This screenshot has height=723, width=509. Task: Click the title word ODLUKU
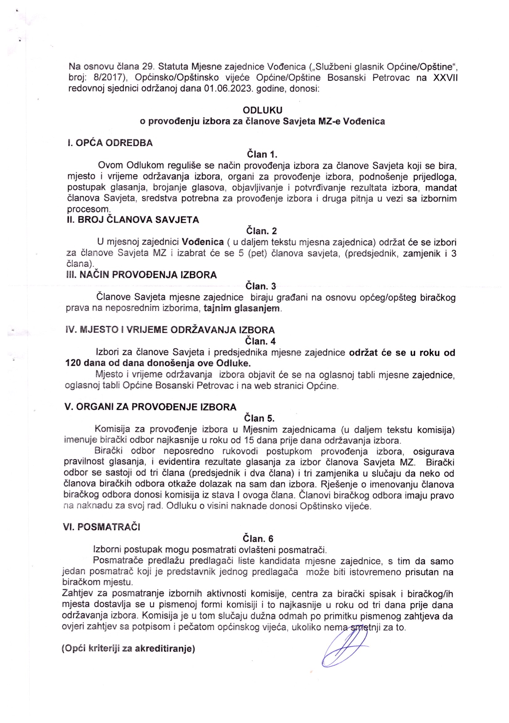(262, 110)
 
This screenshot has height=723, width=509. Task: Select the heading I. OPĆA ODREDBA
(110, 143)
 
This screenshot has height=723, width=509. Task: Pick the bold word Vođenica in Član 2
(203, 242)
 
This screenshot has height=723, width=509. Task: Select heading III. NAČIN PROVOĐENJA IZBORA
(141, 275)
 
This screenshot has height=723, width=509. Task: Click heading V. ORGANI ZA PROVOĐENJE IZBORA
(150, 407)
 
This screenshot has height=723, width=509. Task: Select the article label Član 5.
(259, 418)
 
